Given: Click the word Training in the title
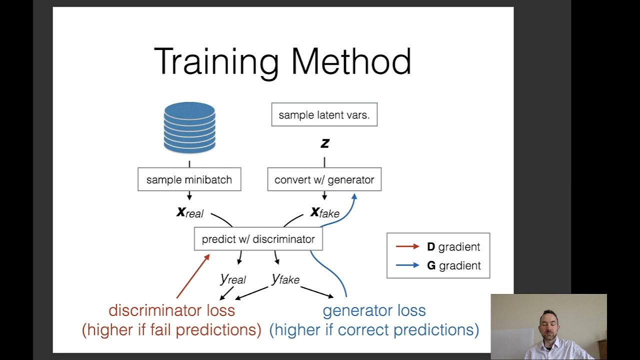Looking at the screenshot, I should [x=216, y=62].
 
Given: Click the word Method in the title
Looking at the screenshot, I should [x=351, y=62].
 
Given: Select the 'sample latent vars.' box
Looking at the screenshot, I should [x=324, y=115].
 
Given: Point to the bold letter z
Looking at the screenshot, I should [x=324, y=143].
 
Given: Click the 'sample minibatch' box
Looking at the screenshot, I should [x=189, y=180].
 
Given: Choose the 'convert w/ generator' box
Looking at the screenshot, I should [x=324, y=180].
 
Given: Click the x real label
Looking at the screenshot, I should [x=190, y=212].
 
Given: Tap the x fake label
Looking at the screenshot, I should [x=325, y=212].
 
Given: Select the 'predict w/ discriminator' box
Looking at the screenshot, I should [x=258, y=239].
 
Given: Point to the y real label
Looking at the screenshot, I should [x=233, y=278].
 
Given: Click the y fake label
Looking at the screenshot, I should [x=285, y=278].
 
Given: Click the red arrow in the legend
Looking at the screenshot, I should [x=407, y=246].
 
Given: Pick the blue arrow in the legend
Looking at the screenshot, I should [x=407, y=265].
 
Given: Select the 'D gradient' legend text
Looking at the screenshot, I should [x=453, y=246].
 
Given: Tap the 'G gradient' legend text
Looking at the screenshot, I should [x=453, y=265].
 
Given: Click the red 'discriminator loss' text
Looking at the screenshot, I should [x=171, y=310].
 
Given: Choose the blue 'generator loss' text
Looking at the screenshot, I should [x=374, y=310].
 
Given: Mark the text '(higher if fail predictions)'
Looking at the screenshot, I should [x=171, y=330].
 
